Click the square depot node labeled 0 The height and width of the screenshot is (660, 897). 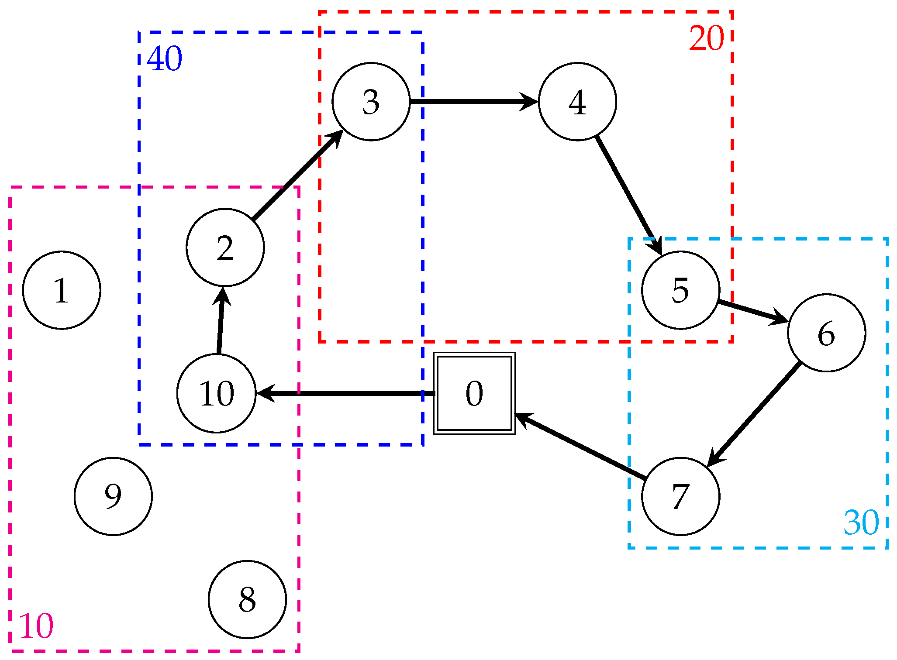(474, 393)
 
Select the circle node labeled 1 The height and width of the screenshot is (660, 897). (62, 290)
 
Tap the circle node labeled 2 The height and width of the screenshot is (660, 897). (225, 247)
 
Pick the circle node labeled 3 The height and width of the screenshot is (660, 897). (371, 102)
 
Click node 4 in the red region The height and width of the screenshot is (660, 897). (577, 102)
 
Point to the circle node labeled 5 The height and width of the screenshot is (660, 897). (680, 290)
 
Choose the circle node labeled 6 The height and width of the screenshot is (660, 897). (827, 333)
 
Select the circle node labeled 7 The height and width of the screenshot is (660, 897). (680, 496)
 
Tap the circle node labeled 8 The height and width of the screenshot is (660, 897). (247, 599)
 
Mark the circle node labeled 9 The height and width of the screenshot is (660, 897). (113, 496)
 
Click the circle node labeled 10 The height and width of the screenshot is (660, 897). (217, 393)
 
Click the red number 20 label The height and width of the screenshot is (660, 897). (706, 38)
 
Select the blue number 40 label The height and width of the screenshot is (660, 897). (165, 59)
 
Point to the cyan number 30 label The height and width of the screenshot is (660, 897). (861, 522)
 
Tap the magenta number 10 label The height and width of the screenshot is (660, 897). (36, 626)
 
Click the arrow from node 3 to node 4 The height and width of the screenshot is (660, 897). (474, 102)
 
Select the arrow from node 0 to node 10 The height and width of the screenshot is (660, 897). (345, 393)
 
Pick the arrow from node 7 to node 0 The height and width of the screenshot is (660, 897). (581, 446)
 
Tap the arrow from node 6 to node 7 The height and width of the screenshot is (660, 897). (754, 414)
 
